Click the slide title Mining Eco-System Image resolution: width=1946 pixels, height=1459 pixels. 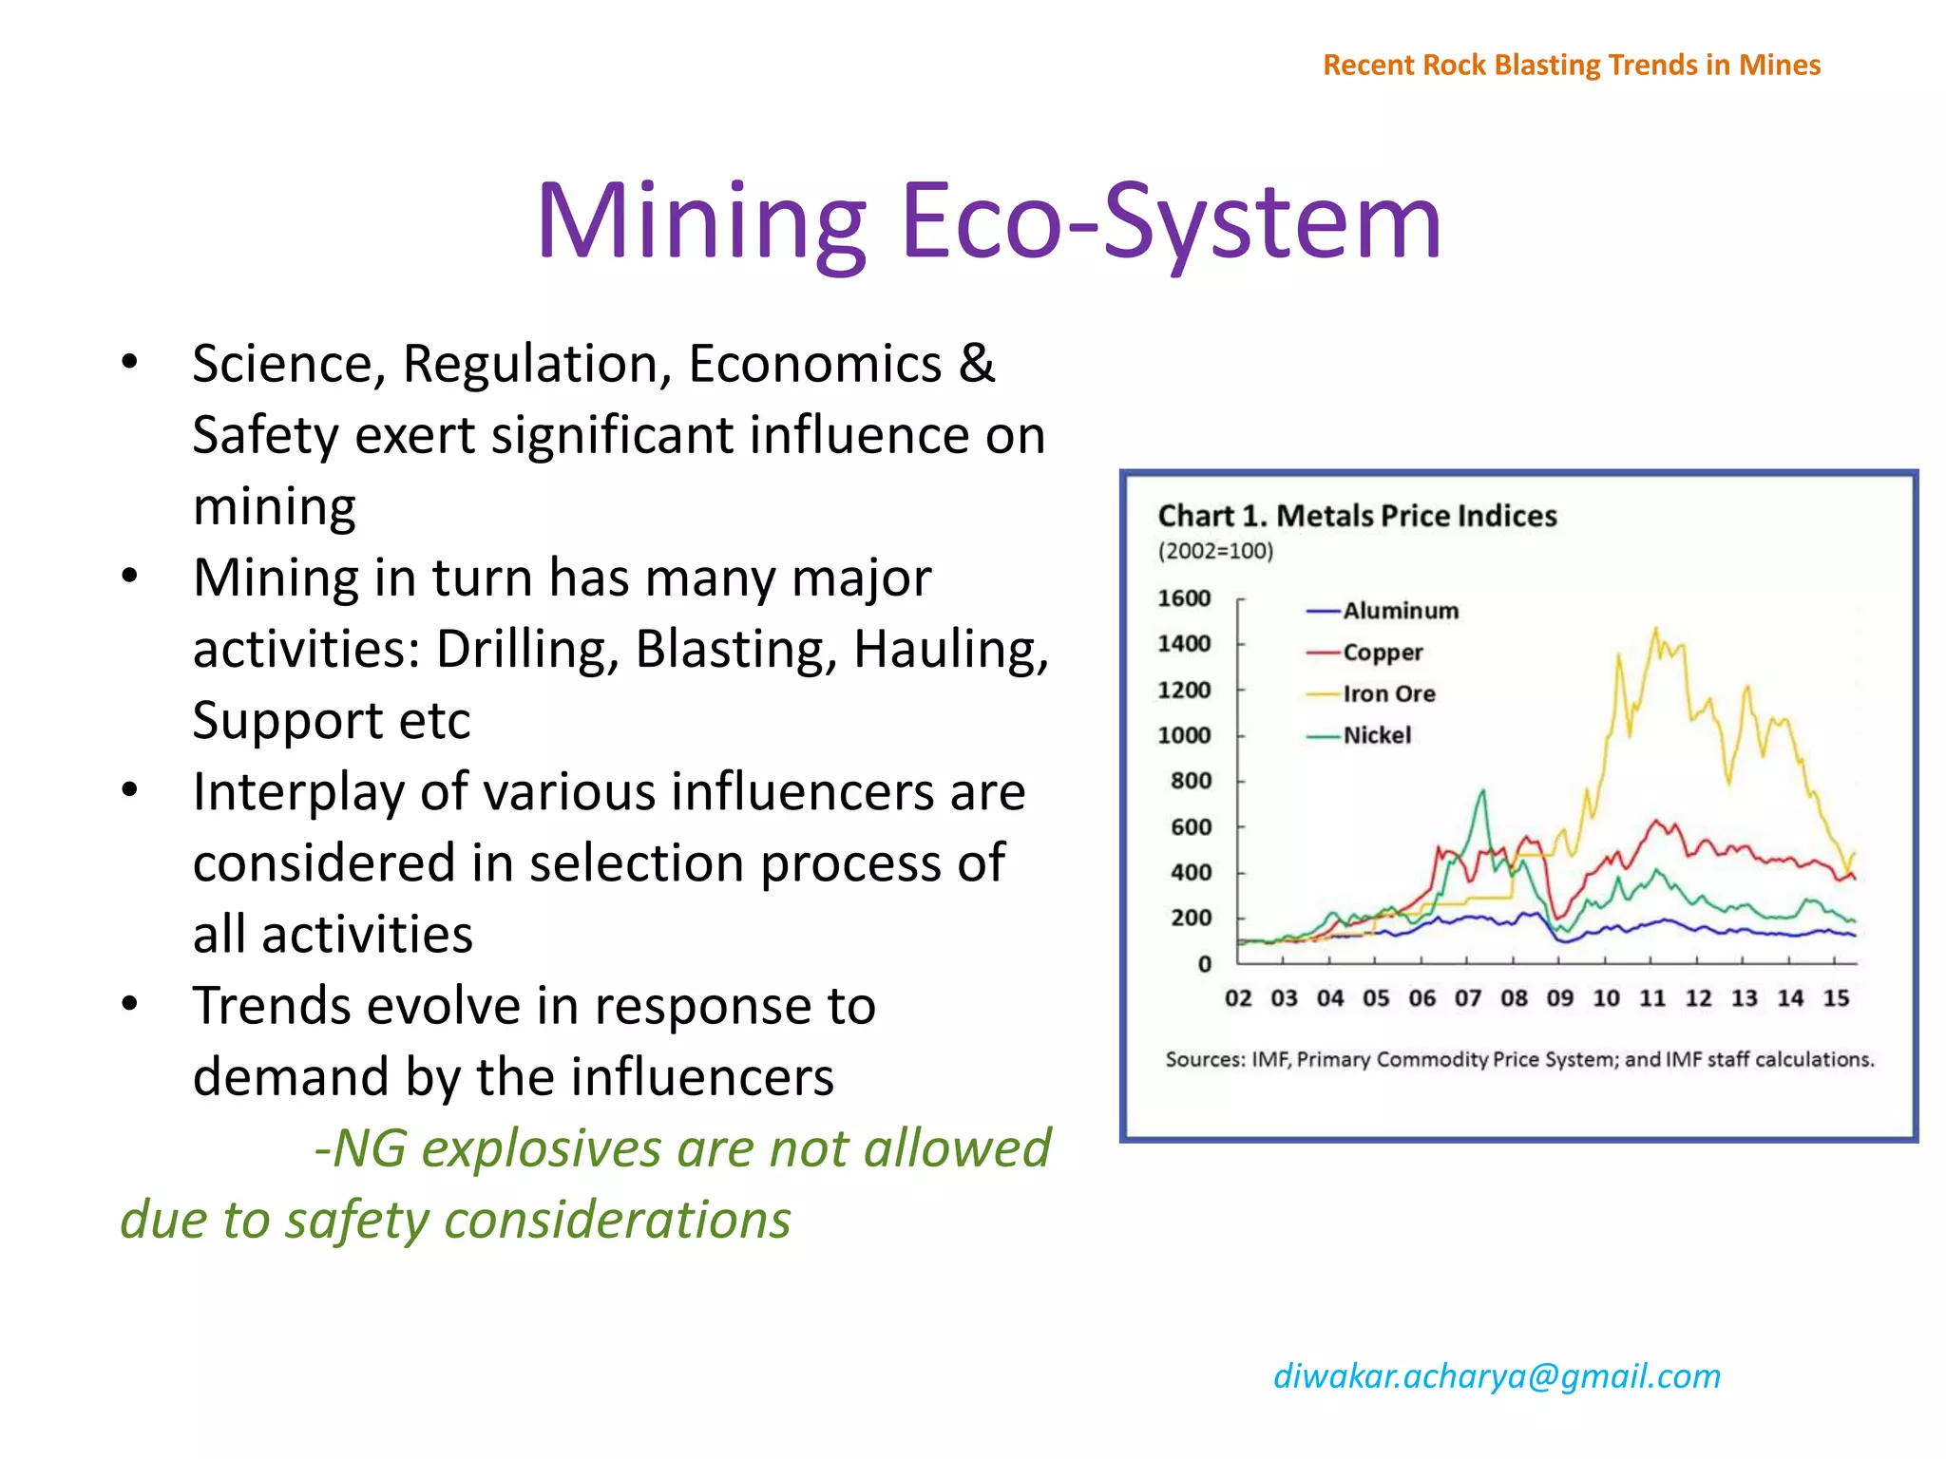coord(988,222)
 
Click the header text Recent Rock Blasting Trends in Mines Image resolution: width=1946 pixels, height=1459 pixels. coord(1572,65)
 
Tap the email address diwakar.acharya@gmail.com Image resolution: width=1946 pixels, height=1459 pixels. coord(1497,1375)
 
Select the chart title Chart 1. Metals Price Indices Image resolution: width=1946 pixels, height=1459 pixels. coord(1357,516)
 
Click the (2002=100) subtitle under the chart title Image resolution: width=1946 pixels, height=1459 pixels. coord(1214,551)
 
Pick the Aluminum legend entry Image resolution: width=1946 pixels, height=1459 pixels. coord(1400,611)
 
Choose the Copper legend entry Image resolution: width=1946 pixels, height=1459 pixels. coord(1383,653)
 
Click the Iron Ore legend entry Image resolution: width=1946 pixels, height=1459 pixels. coord(1388,693)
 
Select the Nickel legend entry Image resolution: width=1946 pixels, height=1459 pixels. coord(1376,735)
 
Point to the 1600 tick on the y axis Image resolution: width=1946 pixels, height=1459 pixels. coord(1184,598)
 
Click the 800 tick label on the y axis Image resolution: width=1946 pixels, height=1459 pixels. coord(1191,781)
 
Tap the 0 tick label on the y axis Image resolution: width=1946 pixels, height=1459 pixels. coord(1204,964)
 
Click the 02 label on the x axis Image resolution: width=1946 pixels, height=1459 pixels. coord(1238,998)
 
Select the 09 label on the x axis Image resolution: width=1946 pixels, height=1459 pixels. coord(1559,998)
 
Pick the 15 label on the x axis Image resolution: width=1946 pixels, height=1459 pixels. coord(1836,998)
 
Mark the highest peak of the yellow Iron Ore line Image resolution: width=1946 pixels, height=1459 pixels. coord(1656,629)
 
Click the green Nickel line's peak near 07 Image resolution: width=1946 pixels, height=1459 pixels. coord(1482,791)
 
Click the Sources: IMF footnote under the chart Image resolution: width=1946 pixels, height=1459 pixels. coord(1518,1059)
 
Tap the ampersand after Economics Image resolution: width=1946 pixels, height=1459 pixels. coord(977,364)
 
